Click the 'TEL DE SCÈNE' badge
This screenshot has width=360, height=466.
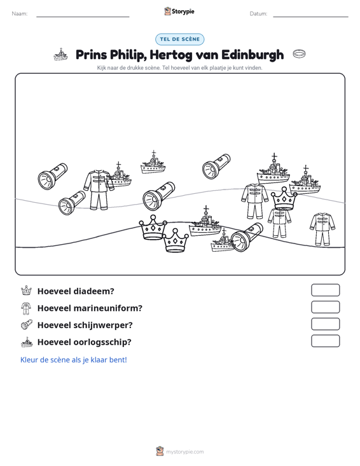click(x=179, y=39)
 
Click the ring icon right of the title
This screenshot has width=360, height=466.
click(x=299, y=54)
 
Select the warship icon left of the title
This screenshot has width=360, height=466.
click(x=60, y=55)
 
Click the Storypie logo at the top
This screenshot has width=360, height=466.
click(x=179, y=11)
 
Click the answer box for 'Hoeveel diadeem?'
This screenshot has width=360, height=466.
click(x=325, y=290)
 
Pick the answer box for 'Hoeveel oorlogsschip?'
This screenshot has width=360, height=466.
click(x=325, y=341)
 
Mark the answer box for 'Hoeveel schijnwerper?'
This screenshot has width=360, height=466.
click(x=325, y=324)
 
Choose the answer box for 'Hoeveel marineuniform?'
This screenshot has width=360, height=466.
click(x=325, y=307)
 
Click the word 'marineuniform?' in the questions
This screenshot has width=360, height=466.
click(x=108, y=308)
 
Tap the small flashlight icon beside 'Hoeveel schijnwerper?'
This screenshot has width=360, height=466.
click(x=27, y=324)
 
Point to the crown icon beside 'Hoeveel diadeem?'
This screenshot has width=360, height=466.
click(x=26, y=291)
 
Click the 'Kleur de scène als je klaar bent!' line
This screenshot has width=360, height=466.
click(x=73, y=360)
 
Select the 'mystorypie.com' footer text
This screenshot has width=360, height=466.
click(x=184, y=452)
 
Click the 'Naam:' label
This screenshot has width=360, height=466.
click(x=20, y=14)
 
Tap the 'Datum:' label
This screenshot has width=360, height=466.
click(x=258, y=14)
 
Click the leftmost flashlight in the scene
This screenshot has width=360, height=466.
click(x=53, y=176)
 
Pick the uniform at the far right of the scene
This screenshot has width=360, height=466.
click(x=322, y=229)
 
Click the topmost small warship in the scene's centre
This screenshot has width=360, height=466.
click(x=153, y=163)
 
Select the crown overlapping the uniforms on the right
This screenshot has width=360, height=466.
click(x=284, y=198)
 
